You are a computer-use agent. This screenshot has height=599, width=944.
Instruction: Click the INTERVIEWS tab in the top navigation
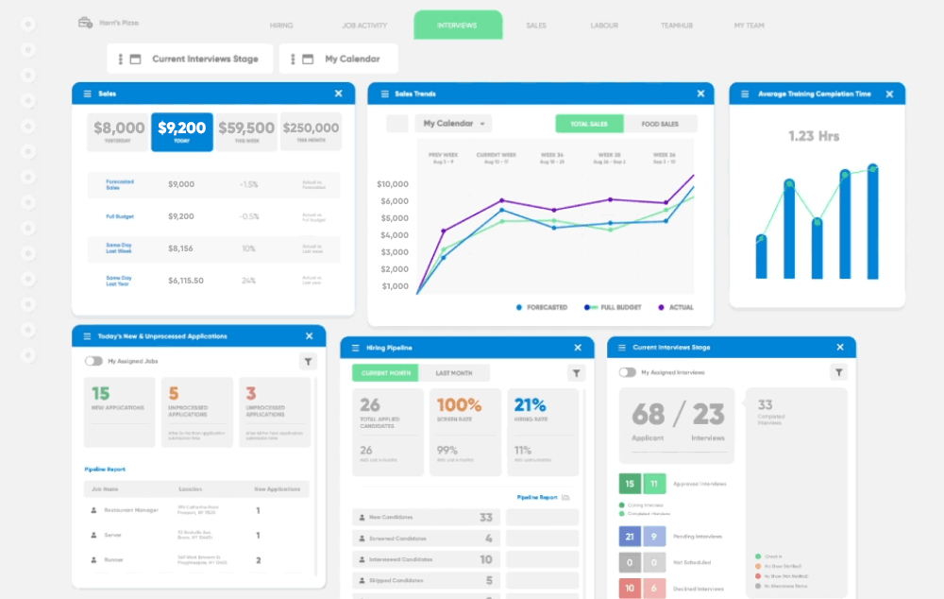click(x=457, y=26)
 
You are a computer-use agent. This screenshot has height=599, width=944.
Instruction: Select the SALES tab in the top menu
click(x=536, y=26)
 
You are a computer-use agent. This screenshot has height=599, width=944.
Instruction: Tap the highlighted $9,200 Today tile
click(x=181, y=131)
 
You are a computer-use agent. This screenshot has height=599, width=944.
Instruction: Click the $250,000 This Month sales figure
click(x=311, y=131)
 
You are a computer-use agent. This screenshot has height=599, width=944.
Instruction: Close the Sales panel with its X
click(x=339, y=94)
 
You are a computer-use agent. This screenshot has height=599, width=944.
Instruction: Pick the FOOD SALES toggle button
click(x=660, y=124)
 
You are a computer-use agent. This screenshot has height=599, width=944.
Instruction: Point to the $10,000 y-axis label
click(x=393, y=184)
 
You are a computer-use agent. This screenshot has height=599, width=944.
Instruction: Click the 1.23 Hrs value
click(x=814, y=136)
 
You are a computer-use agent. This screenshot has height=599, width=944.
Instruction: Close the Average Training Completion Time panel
click(x=889, y=94)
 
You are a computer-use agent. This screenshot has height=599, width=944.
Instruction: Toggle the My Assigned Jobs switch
click(x=93, y=361)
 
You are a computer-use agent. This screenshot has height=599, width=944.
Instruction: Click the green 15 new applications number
click(x=100, y=393)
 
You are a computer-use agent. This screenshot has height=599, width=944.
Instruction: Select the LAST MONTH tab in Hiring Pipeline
click(x=454, y=373)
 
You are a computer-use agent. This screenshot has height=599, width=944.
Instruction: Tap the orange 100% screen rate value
click(x=459, y=405)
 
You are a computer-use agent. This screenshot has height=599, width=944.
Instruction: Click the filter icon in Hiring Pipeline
click(x=577, y=373)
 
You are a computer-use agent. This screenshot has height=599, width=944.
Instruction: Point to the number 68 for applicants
click(x=648, y=414)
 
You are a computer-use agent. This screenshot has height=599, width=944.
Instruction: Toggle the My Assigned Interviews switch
click(x=627, y=372)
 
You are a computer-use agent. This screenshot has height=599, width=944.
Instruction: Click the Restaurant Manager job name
click(x=130, y=510)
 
